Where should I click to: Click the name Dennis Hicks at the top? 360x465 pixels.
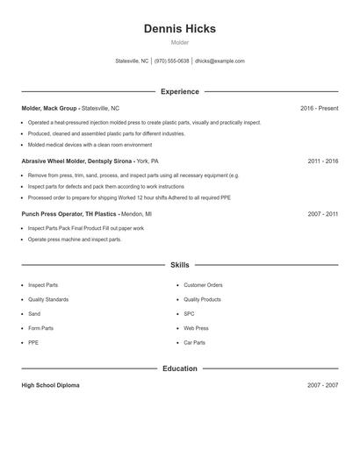pos(179,29)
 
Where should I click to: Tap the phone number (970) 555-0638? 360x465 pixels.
pos(171,61)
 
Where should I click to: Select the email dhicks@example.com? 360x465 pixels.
pos(220,61)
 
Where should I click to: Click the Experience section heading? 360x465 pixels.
pos(179,91)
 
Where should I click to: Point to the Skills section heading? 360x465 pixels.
pos(179,264)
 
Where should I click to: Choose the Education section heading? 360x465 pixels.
pos(179,368)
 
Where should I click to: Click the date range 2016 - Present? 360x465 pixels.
pos(319,108)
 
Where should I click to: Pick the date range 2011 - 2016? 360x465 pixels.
pos(322,161)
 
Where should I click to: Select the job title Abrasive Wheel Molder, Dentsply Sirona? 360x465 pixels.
pos(77,161)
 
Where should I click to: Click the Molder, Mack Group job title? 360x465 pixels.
pos(50,108)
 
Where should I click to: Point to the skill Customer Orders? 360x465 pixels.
pos(203,285)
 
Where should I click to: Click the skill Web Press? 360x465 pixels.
pos(196,328)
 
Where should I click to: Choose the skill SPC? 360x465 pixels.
pos(189,313)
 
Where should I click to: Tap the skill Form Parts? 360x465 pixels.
pos(40,328)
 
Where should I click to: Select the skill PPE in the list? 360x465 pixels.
pos(33,342)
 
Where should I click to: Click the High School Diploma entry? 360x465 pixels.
pos(50,385)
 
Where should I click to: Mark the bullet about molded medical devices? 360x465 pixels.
pos(90,145)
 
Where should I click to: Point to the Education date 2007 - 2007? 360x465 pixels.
pos(322,385)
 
